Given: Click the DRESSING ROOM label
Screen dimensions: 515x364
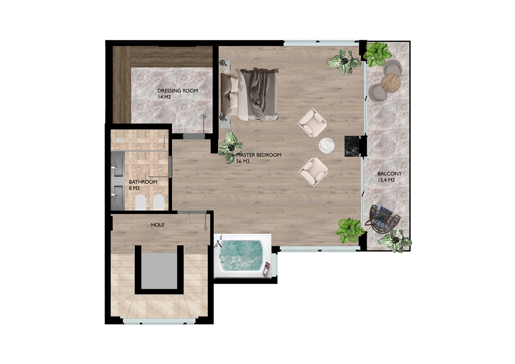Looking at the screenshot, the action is tap(178, 90).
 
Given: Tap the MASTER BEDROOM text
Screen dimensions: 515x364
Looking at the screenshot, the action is tap(259, 155).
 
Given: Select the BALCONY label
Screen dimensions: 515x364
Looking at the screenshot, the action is tap(390, 173).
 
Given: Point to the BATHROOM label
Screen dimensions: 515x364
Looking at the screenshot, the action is tap(143, 182).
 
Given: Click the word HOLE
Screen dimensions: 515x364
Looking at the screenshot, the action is tap(157, 225).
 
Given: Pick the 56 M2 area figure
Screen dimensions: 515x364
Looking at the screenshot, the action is tap(243, 161).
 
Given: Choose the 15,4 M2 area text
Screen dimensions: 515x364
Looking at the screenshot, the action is tap(386, 180).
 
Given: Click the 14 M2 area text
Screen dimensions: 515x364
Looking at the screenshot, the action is tap(164, 97).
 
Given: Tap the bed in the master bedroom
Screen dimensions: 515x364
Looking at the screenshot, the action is tap(249, 94).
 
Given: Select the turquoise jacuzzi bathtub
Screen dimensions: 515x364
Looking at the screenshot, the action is tap(242, 256).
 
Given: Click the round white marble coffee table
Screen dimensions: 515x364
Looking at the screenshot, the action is tap(326, 145).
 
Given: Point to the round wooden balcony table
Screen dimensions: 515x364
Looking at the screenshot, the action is tap(391, 83).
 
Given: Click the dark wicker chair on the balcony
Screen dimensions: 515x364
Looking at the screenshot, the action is tap(384, 220).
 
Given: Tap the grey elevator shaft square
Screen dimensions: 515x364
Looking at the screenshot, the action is tap(159, 270).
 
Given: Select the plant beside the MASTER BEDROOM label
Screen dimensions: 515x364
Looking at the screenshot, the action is tap(230, 147).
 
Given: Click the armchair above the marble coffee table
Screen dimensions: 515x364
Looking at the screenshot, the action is tap(312, 123).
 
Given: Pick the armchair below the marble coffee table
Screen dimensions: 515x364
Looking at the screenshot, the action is tap(313, 171).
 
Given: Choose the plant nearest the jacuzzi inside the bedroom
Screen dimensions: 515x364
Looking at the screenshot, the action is tap(349, 230).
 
